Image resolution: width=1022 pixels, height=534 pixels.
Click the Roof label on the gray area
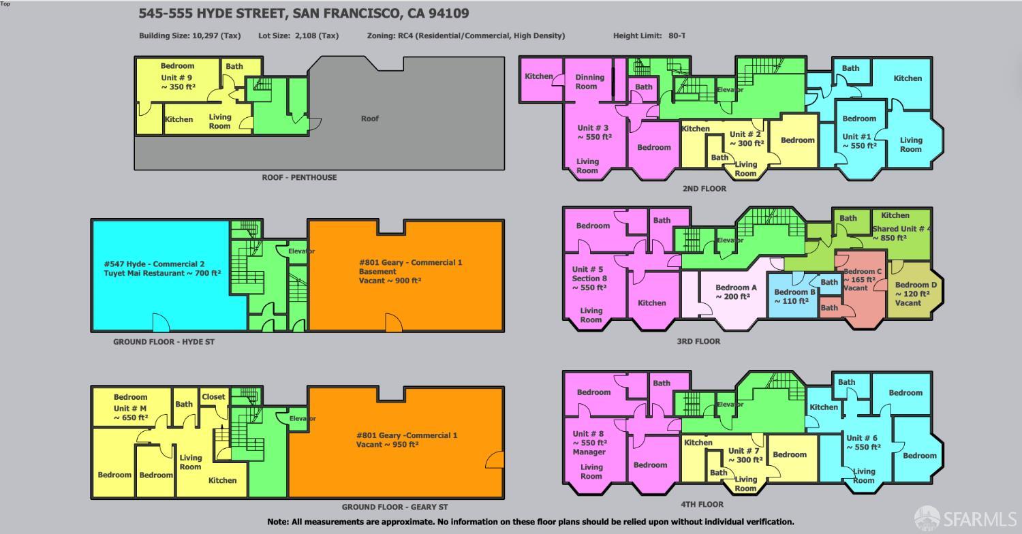click(x=369, y=119)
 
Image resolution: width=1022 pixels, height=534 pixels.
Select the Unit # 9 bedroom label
click(x=177, y=66)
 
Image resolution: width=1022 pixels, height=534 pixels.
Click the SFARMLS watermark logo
click(x=966, y=519)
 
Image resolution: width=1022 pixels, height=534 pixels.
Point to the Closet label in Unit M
click(x=213, y=397)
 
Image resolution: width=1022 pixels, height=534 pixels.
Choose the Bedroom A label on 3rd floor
click(x=736, y=287)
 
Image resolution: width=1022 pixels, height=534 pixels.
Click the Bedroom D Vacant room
click(x=916, y=294)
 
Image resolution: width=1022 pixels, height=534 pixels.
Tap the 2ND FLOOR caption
click(x=704, y=189)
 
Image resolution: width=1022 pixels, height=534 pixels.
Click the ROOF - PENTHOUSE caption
click(x=299, y=177)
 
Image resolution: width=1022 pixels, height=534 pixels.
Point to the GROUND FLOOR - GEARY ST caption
click(x=394, y=507)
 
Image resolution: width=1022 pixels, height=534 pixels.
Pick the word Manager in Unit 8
click(x=589, y=452)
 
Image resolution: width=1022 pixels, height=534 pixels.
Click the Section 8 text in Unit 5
click(x=589, y=278)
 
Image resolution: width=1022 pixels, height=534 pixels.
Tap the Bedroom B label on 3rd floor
click(x=794, y=292)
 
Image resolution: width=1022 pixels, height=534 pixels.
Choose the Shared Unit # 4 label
click(x=899, y=229)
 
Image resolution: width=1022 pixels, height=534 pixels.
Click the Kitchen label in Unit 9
click(x=179, y=119)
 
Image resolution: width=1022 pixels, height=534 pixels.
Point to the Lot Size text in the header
click(x=298, y=35)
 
